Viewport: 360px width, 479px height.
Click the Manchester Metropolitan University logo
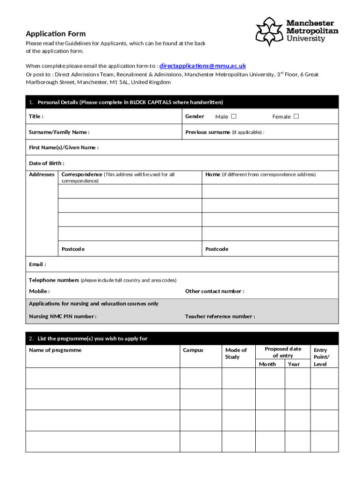coord(296,31)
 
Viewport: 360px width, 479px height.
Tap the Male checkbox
coord(234,116)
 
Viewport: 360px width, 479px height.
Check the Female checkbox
coord(296,116)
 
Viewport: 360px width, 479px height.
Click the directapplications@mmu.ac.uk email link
coord(202,66)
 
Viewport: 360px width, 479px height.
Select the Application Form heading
coord(56,34)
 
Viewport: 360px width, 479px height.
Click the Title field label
coord(36,116)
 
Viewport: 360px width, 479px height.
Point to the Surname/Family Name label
coord(59,132)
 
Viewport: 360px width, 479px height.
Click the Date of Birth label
coord(47,163)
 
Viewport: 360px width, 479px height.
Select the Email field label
coord(37,265)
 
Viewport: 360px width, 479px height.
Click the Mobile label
coord(39,291)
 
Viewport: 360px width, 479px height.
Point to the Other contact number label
coord(215,291)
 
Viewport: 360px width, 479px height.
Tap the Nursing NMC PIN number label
coord(63,317)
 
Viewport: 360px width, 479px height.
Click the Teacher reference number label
coord(220,317)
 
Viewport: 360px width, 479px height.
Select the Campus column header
coord(193,350)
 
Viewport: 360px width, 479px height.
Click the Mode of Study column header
coord(236,354)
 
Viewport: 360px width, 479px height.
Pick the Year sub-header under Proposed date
coord(294,364)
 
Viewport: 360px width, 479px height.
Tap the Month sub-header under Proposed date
coord(267,364)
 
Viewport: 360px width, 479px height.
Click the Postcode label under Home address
coord(217,249)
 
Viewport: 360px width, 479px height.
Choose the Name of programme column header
coord(55,350)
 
